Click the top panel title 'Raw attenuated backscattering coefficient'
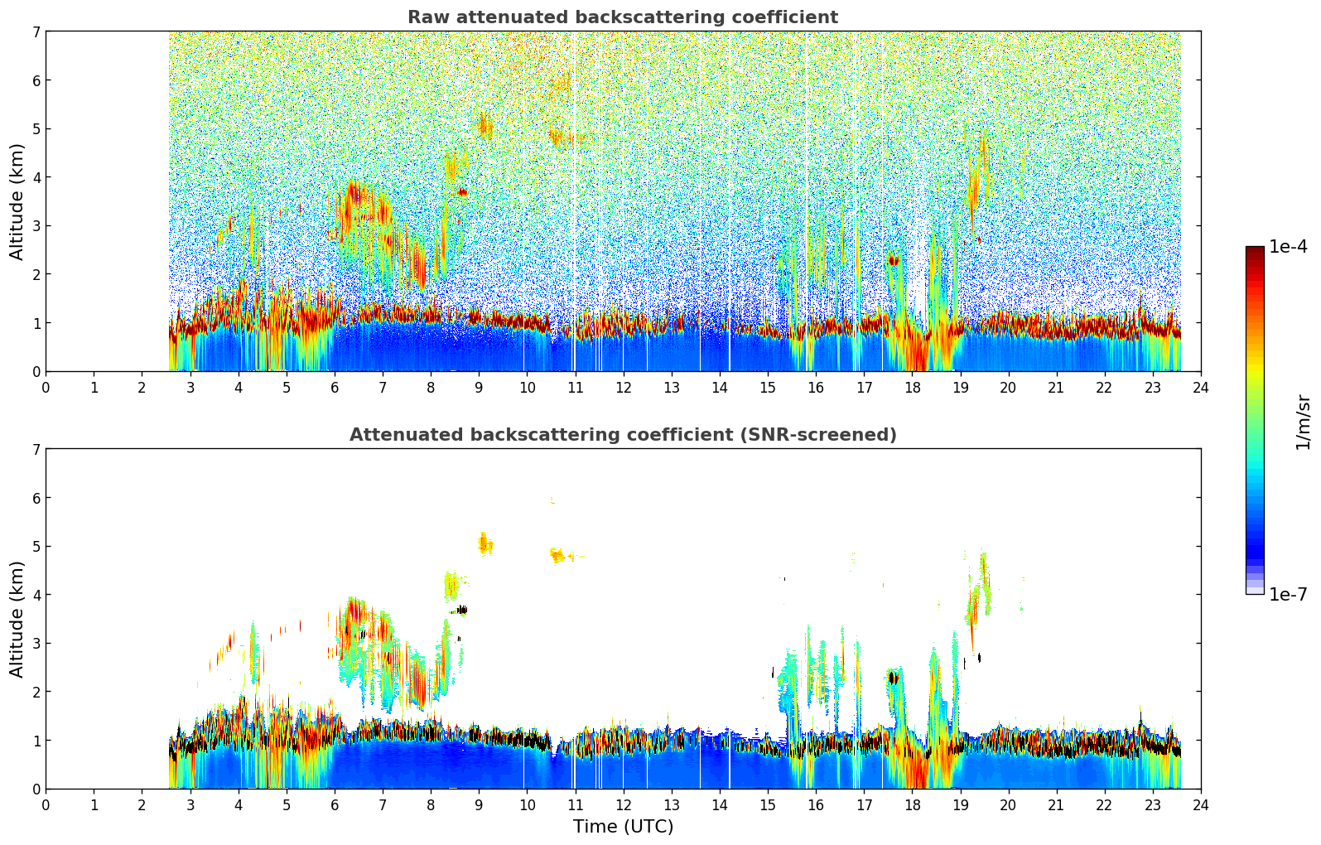[x=623, y=17]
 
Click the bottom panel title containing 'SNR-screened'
[x=623, y=435]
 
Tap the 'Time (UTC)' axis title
[x=623, y=827]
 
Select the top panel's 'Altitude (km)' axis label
[x=17, y=201]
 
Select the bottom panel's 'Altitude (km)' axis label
[x=17, y=619]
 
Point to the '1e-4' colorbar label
[x=1288, y=247]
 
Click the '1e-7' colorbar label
[x=1288, y=594]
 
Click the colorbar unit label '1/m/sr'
[x=1303, y=422]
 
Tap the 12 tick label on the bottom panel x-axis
[x=623, y=805]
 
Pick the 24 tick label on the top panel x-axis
[x=1201, y=388]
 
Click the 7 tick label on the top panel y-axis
[x=36, y=31]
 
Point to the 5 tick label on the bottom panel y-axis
[x=36, y=546]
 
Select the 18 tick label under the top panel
[x=912, y=388]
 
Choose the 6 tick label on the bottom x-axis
[x=335, y=805]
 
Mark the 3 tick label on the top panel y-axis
[x=36, y=225]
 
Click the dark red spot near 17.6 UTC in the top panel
[x=893, y=260]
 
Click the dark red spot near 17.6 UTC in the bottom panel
[x=893, y=678]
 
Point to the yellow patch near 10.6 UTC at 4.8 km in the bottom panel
[x=557, y=555]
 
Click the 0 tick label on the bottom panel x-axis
[x=46, y=805]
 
